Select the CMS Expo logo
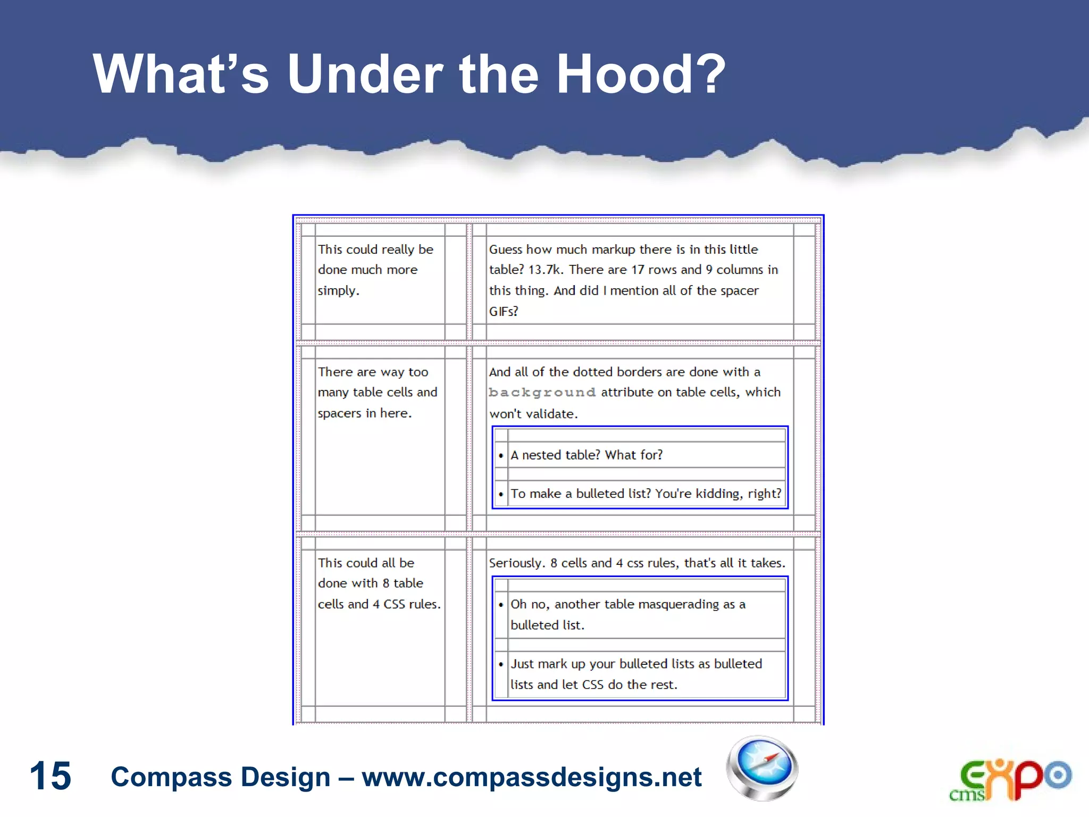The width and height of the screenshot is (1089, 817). point(1010,780)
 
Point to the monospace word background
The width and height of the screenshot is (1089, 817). point(542,393)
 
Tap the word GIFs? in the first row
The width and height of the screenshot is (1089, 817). point(503,311)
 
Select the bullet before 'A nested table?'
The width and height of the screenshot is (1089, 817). point(501,455)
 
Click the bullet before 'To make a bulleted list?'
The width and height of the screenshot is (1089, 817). point(501,494)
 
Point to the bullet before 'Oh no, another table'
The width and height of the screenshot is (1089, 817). point(501,605)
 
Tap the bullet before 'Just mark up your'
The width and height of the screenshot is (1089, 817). point(501,664)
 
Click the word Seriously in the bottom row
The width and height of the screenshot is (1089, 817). point(516,563)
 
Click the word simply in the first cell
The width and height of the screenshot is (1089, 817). point(338,291)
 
